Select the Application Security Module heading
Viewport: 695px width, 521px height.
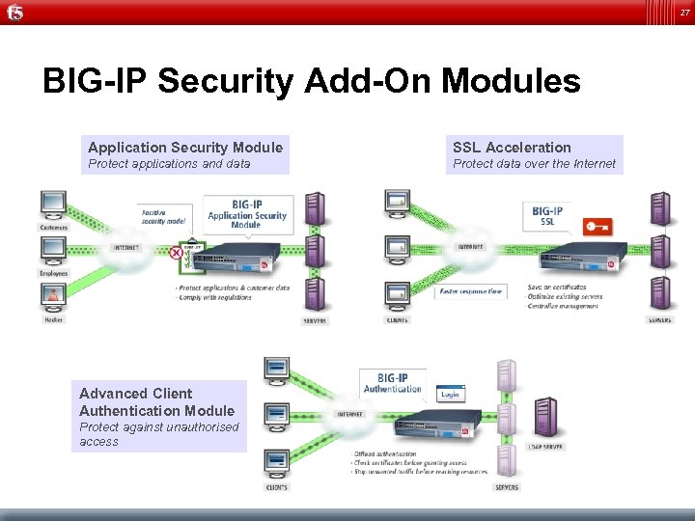click(185, 148)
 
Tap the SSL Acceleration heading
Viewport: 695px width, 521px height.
click(512, 148)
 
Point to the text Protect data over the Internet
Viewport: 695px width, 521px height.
click(534, 164)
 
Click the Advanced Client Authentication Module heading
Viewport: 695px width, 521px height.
click(156, 402)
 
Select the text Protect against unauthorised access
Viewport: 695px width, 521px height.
click(158, 434)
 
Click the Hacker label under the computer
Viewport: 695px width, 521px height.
click(53, 319)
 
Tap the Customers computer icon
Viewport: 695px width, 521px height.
click(53, 205)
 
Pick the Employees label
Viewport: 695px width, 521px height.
click(53, 273)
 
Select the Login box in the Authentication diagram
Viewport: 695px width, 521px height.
click(450, 395)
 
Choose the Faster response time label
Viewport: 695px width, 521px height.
click(470, 290)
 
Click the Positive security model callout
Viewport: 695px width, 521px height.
click(163, 216)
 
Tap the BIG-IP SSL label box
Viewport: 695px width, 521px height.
click(546, 215)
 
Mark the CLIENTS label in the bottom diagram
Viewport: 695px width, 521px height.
click(277, 487)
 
